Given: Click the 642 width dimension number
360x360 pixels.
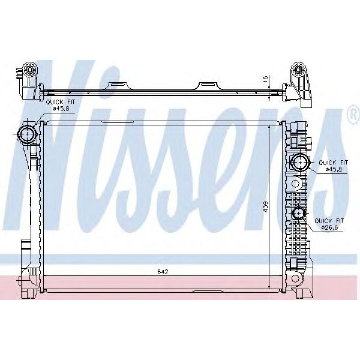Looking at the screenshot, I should pyautogui.click(x=162, y=272).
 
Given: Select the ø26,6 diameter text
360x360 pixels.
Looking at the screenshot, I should pyautogui.click(x=331, y=227).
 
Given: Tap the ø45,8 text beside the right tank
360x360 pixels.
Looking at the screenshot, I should pyautogui.click(x=333, y=169).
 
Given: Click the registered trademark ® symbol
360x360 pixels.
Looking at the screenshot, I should pyautogui.click(x=352, y=115).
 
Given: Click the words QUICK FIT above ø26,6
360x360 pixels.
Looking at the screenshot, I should pyautogui.click(x=331, y=221).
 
